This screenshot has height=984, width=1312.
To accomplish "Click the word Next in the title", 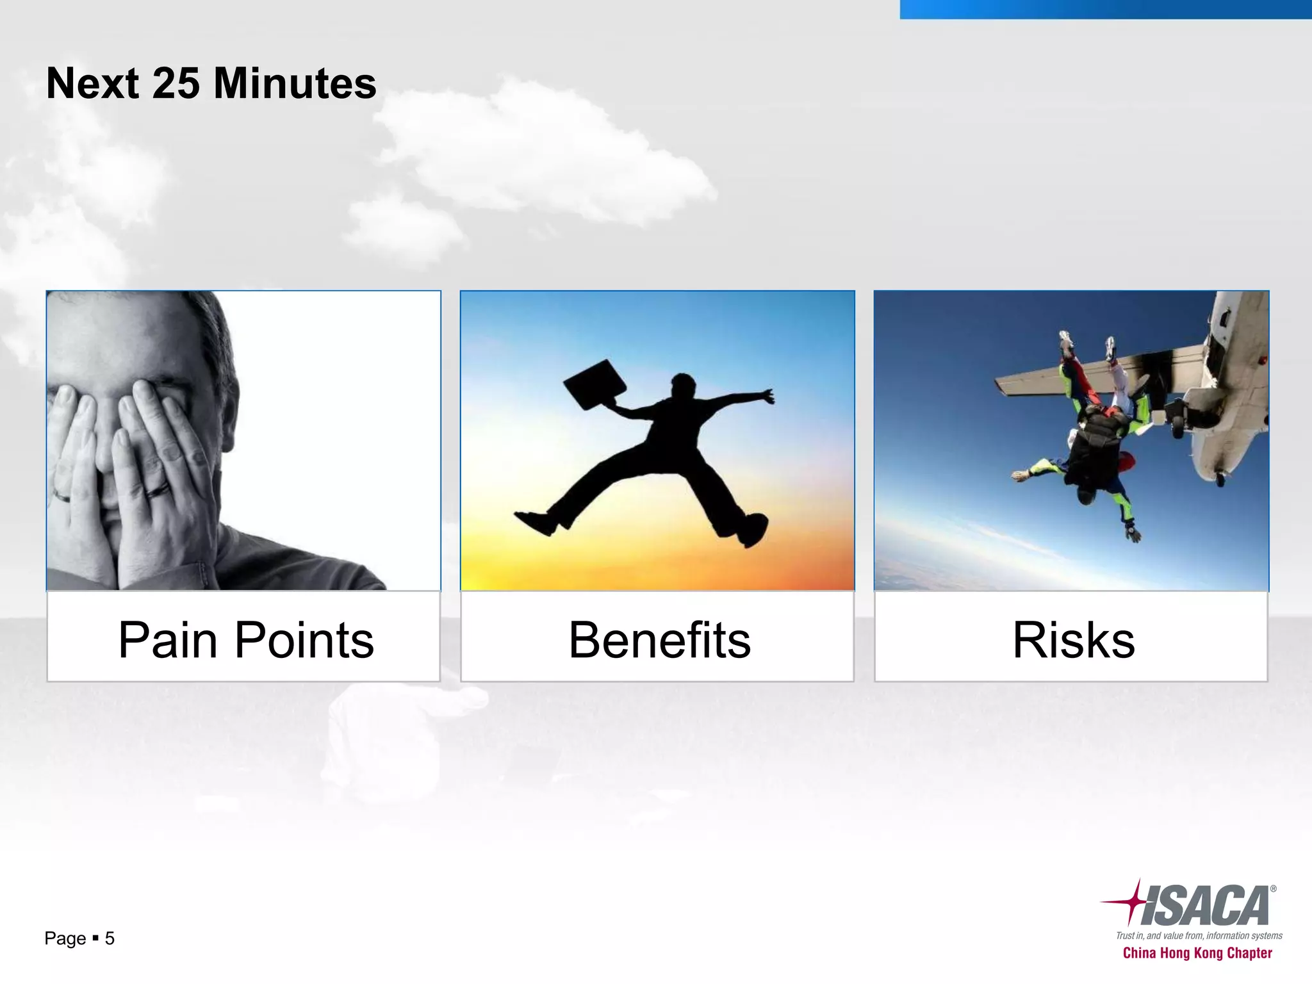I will pos(92,83).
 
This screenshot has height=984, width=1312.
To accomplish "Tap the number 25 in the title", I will pos(176,83).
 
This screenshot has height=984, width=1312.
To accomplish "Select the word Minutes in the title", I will pos(295,83).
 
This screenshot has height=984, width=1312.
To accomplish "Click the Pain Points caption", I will pos(245,639).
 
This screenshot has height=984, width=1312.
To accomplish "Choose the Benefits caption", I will pos(659,639).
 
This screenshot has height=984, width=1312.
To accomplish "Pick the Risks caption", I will pos(1073,639).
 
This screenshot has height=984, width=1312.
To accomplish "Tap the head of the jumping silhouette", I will pos(682,386).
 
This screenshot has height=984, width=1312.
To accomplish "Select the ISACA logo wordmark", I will pos(1204,906).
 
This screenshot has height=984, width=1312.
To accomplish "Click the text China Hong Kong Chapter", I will pos(1197,953).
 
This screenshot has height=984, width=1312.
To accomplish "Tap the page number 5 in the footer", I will pos(110,939).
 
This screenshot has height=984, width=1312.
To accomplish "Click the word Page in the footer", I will pos(65,939).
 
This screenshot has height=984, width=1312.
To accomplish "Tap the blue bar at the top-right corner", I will pos(1105,9).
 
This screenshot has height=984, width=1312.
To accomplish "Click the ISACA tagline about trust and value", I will pos(1199,935).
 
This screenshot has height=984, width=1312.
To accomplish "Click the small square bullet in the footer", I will pos(95,939).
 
